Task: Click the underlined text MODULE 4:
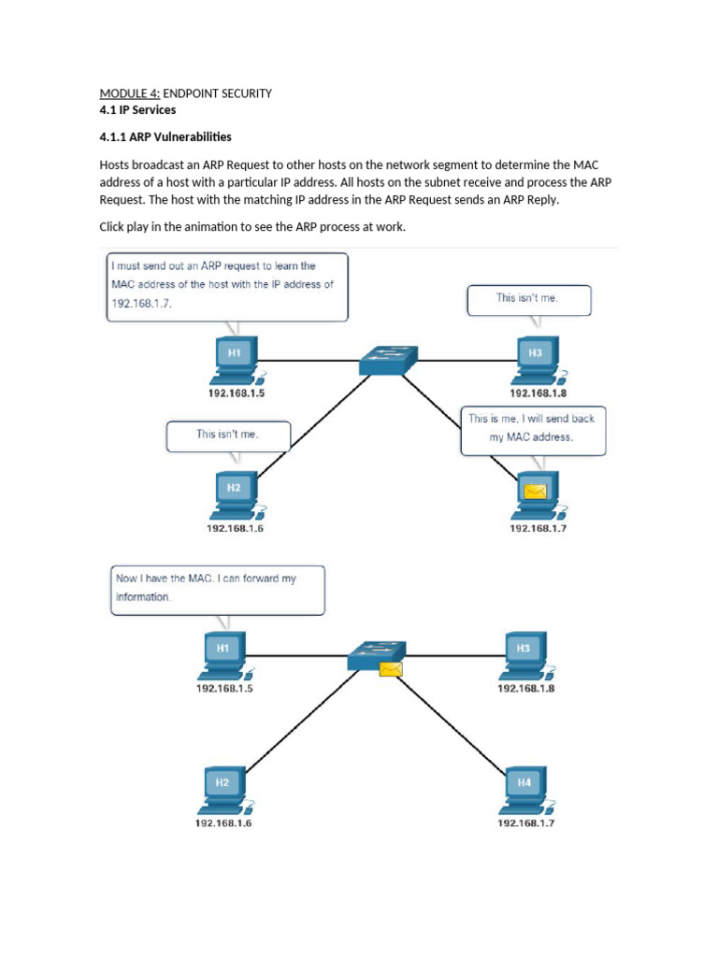pyautogui.click(x=130, y=93)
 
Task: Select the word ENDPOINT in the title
pyautogui.click(x=193, y=93)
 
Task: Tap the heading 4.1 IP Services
pyautogui.click(x=137, y=109)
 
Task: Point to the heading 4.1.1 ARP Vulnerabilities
pyautogui.click(x=165, y=137)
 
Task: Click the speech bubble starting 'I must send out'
pyautogui.click(x=226, y=286)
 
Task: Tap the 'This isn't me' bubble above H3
pyautogui.click(x=529, y=300)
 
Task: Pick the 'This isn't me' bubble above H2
pyautogui.click(x=228, y=435)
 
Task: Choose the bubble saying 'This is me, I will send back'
pyautogui.click(x=533, y=429)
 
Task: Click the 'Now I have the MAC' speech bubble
pyautogui.click(x=217, y=589)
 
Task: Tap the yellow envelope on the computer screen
pyautogui.click(x=535, y=491)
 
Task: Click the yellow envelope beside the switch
pyautogui.click(x=391, y=668)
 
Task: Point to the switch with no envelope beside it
pyautogui.click(x=388, y=359)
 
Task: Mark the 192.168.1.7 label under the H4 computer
pyautogui.click(x=525, y=823)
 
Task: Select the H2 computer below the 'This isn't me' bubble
pyautogui.click(x=235, y=493)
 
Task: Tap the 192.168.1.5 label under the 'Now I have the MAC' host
pyautogui.click(x=224, y=688)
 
